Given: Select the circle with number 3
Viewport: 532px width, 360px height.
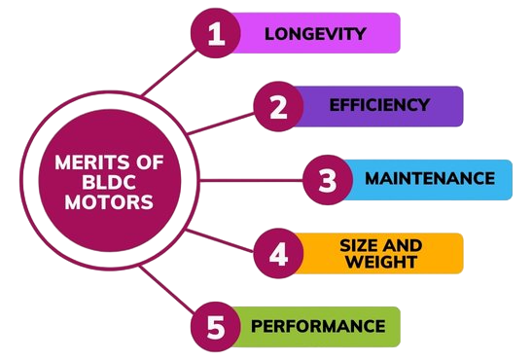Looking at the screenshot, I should [326, 180].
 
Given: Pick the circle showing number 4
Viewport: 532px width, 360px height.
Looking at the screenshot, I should [278, 253].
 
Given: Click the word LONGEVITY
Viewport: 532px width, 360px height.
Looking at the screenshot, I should [315, 34].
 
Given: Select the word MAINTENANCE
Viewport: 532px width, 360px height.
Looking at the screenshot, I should [429, 179].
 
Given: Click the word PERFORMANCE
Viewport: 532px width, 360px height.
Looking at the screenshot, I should [318, 325].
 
